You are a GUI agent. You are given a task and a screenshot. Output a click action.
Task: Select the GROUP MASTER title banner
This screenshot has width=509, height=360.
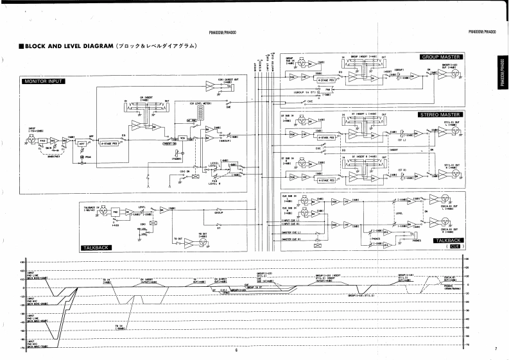pyautogui.click(x=442, y=57)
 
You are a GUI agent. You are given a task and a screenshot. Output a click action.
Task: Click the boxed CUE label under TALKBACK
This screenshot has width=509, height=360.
pyautogui.click(x=456, y=246)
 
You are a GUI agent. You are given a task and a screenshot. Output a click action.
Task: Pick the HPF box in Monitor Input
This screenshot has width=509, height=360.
pyautogui.click(x=81, y=144)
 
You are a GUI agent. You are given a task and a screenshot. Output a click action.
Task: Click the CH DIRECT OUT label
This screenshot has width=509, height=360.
pyautogui.click(x=228, y=80)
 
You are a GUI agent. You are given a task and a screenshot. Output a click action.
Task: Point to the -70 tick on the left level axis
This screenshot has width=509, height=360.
pyautogui.click(x=22, y=345)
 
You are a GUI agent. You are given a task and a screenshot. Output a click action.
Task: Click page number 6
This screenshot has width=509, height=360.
pyautogui.click(x=236, y=350)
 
